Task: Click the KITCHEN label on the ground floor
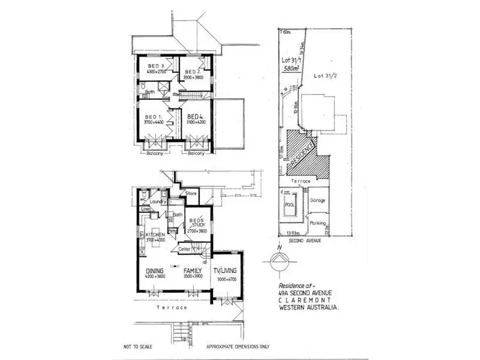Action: pyautogui.click(x=156, y=235)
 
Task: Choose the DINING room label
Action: pyautogui.click(x=156, y=270)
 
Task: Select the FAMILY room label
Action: pyautogui.click(x=192, y=270)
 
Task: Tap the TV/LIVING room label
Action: pyautogui.click(x=224, y=270)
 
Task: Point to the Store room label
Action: pyautogui.click(x=190, y=192)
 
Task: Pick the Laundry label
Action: pyautogui.click(x=159, y=202)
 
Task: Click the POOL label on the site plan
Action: pyautogui.click(x=289, y=206)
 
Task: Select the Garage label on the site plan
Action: pyautogui.click(x=317, y=200)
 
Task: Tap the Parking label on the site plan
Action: pyautogui.click(x=317, y=223)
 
